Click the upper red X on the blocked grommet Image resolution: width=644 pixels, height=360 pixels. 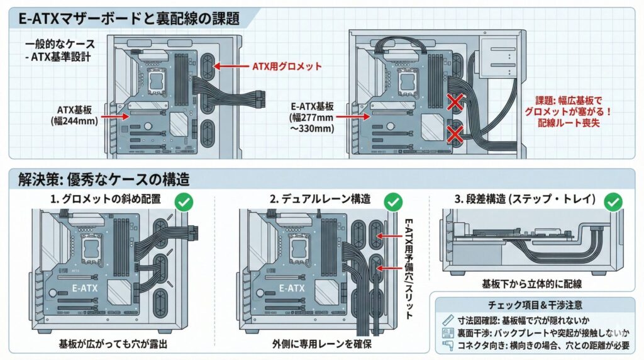455,101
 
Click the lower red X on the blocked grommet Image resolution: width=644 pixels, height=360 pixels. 455,133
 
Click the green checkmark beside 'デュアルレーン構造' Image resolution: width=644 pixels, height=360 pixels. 393,201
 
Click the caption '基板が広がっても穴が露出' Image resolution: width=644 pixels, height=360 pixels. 113,345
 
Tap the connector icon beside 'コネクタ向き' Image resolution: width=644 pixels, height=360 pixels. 448,346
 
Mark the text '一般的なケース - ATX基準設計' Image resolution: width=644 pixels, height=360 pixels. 60,51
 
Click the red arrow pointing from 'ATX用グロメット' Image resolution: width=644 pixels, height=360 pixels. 232,65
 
